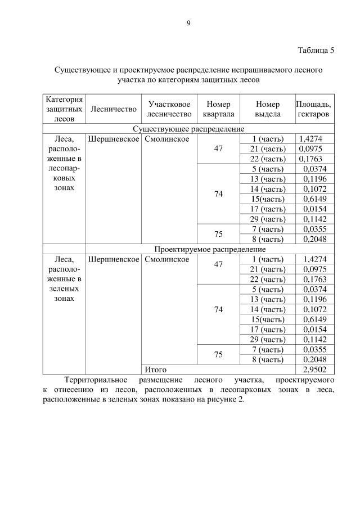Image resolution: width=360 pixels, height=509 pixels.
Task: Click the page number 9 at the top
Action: [x=188, y=22]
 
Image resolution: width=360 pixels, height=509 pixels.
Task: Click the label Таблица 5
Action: [x=316, y=51]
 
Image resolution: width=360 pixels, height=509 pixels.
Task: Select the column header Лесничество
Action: [x=113, y=109]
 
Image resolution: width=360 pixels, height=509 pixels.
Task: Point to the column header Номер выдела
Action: [x=267, y=109]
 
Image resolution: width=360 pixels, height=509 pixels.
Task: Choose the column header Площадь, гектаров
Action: [x=313, y=109]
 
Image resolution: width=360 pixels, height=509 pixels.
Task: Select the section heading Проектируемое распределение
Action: [x=210, y=249]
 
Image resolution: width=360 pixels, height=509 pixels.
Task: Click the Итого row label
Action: [x=155, y=370]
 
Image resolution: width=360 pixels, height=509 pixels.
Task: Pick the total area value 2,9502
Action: [x=314, y=370]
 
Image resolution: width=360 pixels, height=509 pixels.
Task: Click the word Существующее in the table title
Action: [x=83, y=70]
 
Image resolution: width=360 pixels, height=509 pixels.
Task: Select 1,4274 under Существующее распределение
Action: [x=311, y=139]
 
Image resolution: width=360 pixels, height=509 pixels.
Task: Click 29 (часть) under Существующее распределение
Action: [x=267, y=219]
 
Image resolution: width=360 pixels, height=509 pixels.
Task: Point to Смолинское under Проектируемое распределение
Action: [x=166, y=259]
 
